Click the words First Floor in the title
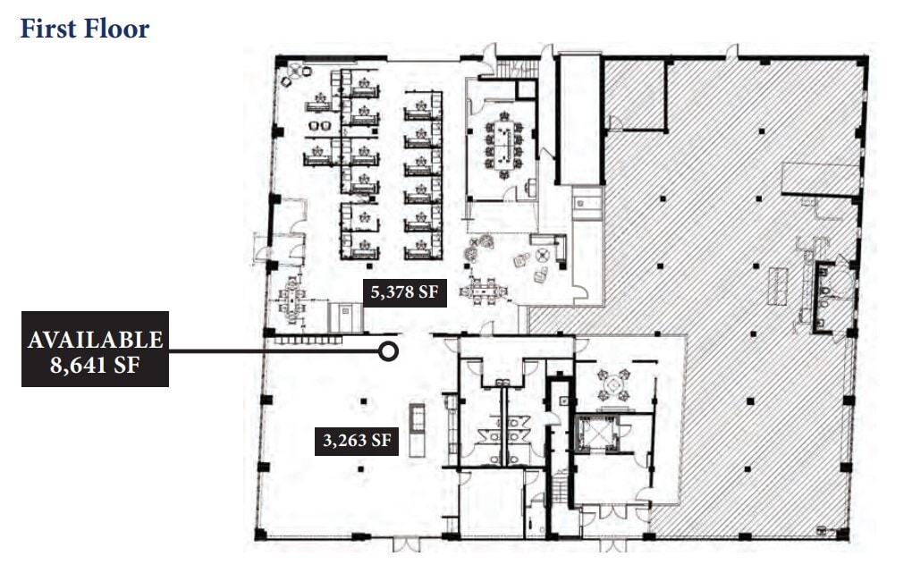pyautogui.click(x=85, y=28)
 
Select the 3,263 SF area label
pyautogui.click(x=356, y=440)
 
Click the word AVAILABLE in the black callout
pyautogui.click(x=96, y=340)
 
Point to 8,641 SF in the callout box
pyautogui.click(x=96, y=366)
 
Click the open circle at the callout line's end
pyautogui.click(x=388, y=351)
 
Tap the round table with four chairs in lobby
pyautogui.click(x=615, y=385)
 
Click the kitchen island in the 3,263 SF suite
pyautogui.click(x=417, y=430)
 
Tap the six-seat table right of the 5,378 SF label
pyautogui.click(x=482, y=290)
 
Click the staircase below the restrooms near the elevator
pyautogui.click(x=558, y=492)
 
